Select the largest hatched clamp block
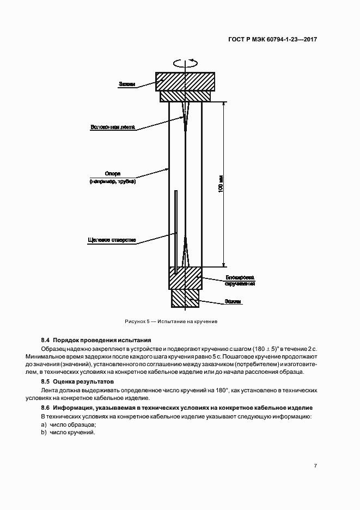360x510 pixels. coord(186,81)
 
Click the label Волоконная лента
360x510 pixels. coord(113,128)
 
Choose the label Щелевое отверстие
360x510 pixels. coord(112,240)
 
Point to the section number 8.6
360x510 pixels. coord(46,408)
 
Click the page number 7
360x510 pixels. coord(316,466)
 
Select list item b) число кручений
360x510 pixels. coord(68,432)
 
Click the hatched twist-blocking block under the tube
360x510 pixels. coord(186,278)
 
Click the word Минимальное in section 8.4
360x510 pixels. coord(59,356)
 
